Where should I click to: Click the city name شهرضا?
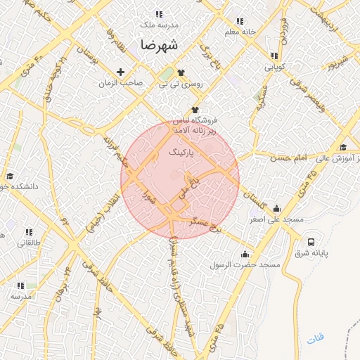160,44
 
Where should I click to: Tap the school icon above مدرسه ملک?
158,14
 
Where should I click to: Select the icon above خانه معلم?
240,21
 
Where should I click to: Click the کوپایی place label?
274,67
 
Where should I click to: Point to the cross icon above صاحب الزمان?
120,72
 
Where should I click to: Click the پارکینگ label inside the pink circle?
181,151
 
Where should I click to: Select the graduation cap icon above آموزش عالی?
343,147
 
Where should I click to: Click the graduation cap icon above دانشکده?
10,176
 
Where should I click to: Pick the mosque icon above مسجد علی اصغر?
276,209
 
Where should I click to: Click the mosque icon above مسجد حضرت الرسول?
245,254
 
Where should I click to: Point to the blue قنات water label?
316,340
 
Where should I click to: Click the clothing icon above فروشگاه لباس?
195,110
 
